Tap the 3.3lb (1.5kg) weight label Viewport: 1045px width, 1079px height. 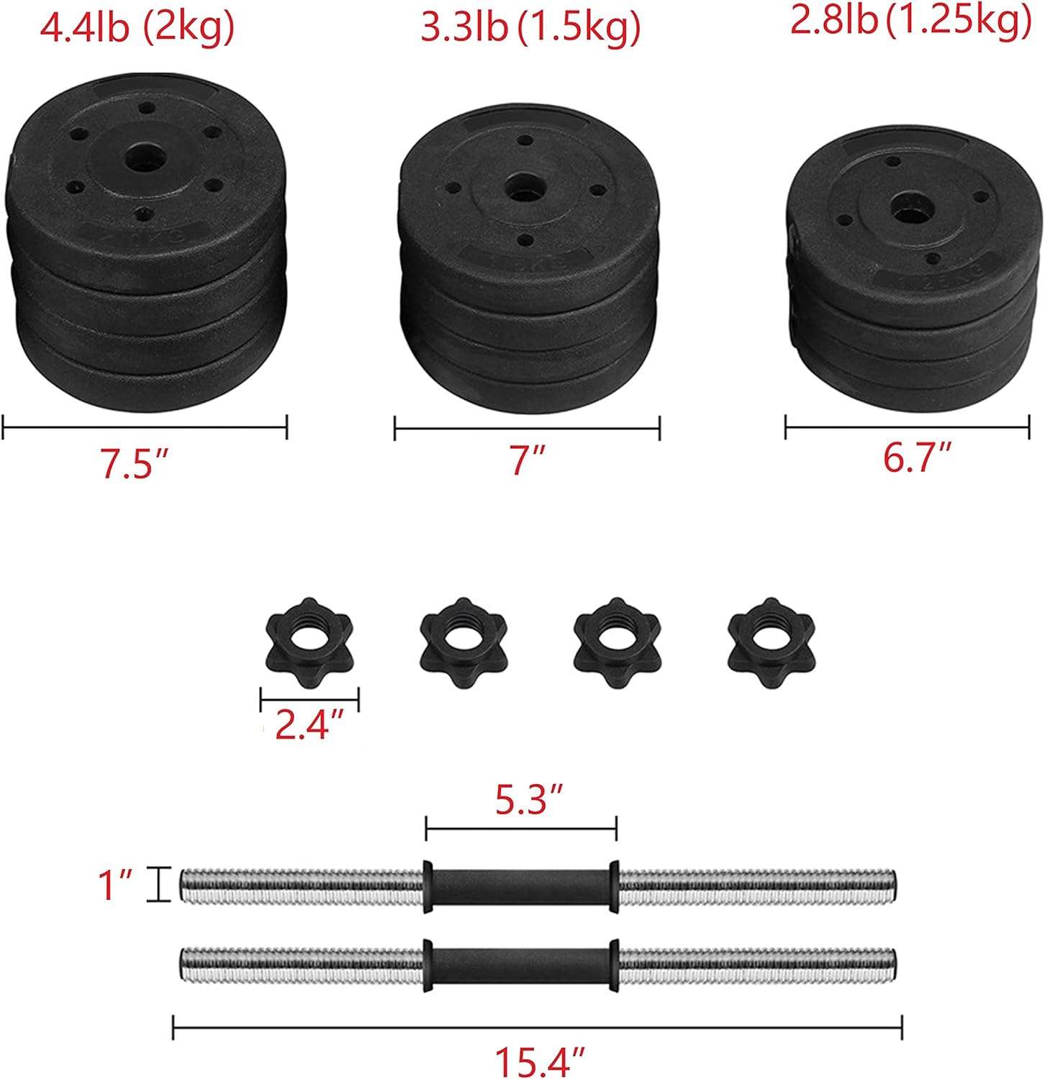(530, 29)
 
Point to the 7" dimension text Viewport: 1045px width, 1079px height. (528, 460)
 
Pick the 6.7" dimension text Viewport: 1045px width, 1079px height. (918, 457)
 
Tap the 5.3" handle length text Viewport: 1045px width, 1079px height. (530, 801)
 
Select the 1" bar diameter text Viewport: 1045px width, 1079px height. (116, 885)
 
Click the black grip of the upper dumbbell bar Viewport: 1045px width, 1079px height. (520, 887)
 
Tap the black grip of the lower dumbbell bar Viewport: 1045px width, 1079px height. (520, 965)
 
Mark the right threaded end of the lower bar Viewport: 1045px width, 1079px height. (756, 965)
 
